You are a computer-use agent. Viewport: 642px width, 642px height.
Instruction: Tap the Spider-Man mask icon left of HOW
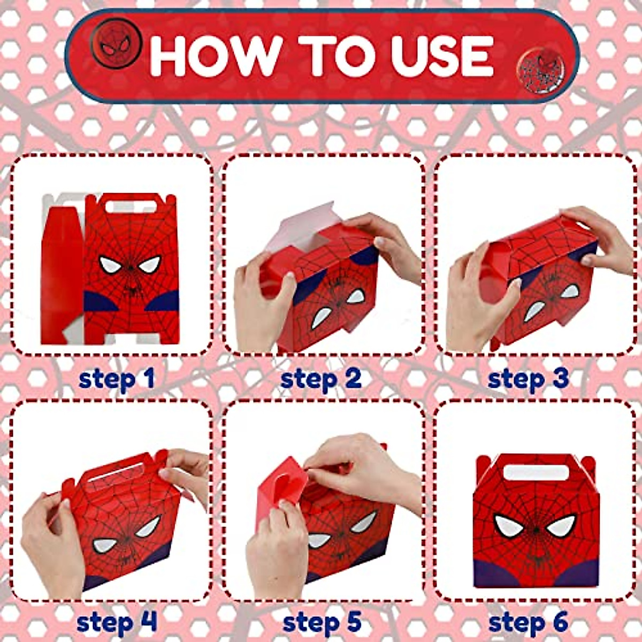(x=116, y=43)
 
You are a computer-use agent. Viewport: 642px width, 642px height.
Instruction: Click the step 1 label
(x=116, y=379)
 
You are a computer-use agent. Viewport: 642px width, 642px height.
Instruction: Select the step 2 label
(x=320, y=379)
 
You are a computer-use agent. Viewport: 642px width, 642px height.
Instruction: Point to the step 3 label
(x=528, y=379)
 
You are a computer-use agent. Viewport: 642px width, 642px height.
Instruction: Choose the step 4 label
(x=117, y=623)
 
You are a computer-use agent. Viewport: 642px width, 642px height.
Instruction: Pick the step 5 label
(x=322, y=623)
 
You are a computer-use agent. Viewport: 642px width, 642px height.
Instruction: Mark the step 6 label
(x=528, y=623)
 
